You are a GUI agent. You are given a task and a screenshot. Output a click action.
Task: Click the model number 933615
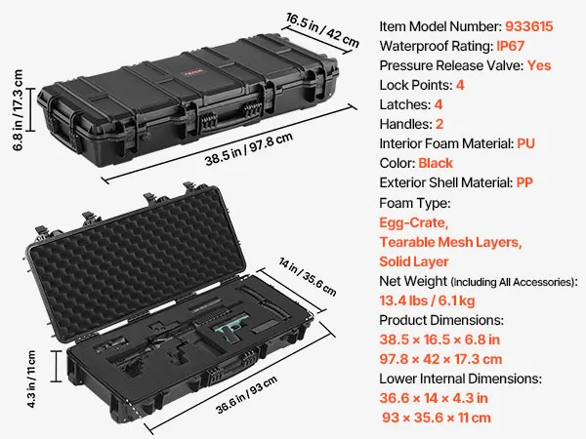[x=528, y=26]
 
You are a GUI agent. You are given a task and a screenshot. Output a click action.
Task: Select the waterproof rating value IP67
[x=510, y=46]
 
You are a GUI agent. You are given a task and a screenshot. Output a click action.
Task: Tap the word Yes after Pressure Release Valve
[x=539, y=65]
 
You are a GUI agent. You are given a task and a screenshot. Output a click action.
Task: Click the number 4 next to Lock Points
[x=460, y=85]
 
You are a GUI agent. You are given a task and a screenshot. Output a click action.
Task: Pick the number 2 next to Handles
[x=439, y=124]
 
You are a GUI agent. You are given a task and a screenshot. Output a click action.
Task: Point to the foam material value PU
[x=525, y=143]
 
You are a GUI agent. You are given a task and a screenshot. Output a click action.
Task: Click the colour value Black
[x=436, y=163]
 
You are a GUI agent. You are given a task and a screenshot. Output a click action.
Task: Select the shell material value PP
[x=524, y=182]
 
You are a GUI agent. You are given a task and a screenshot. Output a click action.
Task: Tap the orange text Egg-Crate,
[x=413, y=222]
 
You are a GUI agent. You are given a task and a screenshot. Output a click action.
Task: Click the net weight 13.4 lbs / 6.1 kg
[x=427, y=300]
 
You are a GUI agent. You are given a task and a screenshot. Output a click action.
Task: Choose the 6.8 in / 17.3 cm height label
[x=18, y=110]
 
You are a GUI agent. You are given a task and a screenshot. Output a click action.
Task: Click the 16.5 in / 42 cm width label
[x=322, y=30]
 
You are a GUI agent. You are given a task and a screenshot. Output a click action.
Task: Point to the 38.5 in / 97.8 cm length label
[x=248, y=149]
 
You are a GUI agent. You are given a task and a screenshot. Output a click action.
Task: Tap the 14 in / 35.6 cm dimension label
[x=308, y=277]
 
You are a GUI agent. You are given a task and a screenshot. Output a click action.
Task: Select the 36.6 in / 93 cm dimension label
[x=247, y=394]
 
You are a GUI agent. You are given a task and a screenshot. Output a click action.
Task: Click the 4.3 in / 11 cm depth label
[x=31, y=379]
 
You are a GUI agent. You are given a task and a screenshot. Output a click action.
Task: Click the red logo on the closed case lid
[x=193, y=72]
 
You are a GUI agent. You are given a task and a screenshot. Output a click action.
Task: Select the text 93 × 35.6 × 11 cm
[x=437, y=418]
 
